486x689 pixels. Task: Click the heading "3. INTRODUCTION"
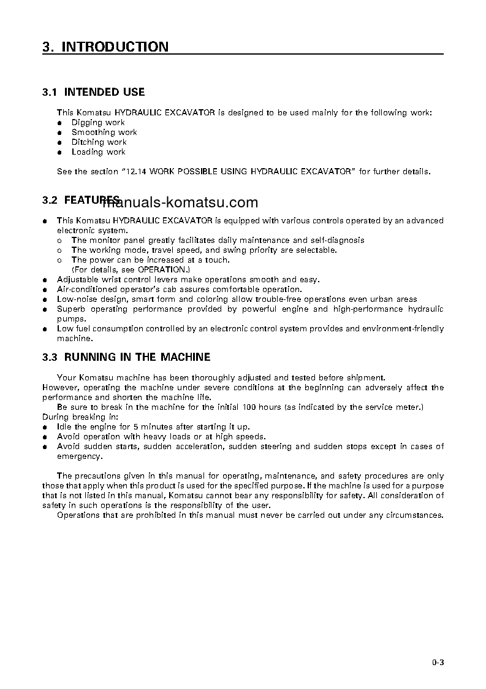click(105, 47)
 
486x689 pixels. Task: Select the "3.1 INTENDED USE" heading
click(93, 92)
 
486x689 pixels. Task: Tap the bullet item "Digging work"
click(98, 123)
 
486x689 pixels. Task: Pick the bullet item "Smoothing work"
click(104, 133)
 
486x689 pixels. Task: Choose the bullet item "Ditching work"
click(99, 142)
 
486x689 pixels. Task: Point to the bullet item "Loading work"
click(98, 152)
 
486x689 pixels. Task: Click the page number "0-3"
click(437, 662)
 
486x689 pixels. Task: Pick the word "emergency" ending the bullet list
click(80, 456)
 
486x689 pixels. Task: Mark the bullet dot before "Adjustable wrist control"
click(45, 280)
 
